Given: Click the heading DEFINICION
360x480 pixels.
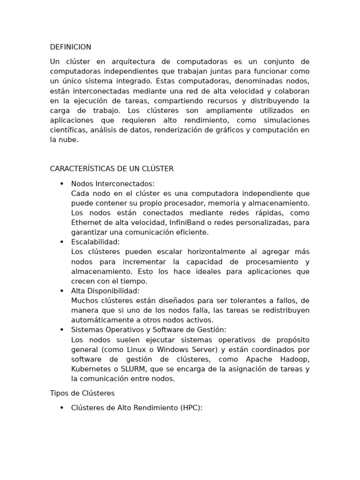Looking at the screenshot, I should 70,47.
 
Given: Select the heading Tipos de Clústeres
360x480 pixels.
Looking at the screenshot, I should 82,393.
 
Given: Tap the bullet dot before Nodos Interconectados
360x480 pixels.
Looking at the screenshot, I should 62,184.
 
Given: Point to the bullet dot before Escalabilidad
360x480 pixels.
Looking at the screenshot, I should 62,242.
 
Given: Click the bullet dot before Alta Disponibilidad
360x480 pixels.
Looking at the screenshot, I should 62,291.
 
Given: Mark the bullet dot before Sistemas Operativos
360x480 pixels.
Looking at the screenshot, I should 62,330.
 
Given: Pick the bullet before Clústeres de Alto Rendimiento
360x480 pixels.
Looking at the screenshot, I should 62,408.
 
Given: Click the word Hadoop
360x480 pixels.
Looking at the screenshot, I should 295,359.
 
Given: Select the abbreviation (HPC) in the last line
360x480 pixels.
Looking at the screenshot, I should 190,408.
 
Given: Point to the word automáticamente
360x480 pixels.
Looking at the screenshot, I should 99,320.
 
